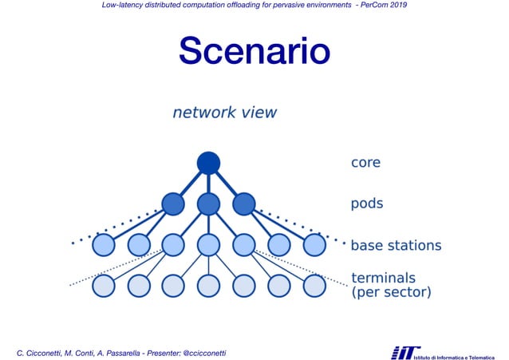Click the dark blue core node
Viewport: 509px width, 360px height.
point(208,163)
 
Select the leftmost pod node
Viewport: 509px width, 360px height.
point(173,204)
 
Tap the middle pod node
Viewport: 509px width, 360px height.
point(208,204)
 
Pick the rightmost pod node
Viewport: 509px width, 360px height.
point(243,204)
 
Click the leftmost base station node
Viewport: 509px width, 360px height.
point(103,244)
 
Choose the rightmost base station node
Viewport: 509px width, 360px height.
point(314,244)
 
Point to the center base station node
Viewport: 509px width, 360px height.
point(208,244)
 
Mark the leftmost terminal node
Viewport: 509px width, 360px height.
point(103,285)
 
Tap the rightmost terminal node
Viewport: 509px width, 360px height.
point(314,285)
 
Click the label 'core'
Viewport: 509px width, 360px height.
point(365,163)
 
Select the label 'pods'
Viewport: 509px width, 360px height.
point(367,204)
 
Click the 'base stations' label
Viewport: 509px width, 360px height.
point(396,245)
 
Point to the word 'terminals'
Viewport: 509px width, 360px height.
point(383,278)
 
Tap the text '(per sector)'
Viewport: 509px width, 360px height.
point(391,293)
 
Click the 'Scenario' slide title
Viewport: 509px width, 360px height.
point(254,51)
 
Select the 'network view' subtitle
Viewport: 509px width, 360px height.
point(225,113)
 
